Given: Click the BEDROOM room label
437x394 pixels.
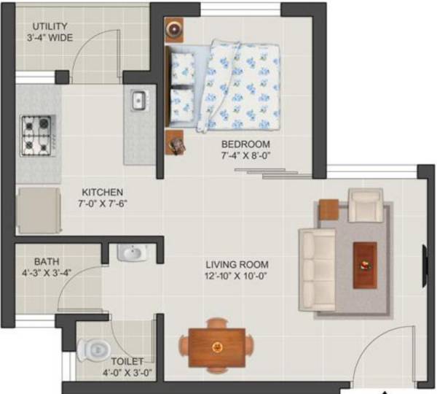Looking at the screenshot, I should (x=245, y=144).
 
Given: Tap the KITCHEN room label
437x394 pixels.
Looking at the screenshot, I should (x=102, y=192).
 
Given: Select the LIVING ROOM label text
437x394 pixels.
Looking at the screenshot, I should (x=237, y=264).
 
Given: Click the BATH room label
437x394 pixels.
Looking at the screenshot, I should (x=47, y=262).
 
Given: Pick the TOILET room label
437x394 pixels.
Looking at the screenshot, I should (x=127, y=361).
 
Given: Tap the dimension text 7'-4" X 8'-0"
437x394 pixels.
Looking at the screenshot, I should (x=245, y=155).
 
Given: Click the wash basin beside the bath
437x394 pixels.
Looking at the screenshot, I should (x=133, y=253).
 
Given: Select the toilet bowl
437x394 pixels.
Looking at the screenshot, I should (x=95, y=351).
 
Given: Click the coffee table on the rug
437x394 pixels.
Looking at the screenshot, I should (x=364, y=265).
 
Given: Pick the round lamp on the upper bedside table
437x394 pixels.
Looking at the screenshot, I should (x=176, y=28).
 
